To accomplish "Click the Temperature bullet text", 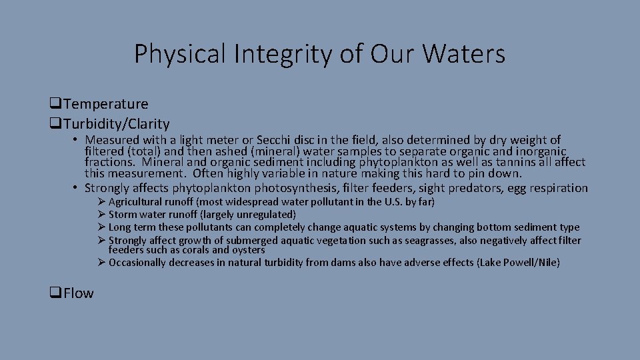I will (x=107, y=104).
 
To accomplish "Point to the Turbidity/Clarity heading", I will (x=117, y=124).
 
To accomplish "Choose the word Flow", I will (x=79, y=293).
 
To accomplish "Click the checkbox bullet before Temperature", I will (x=55, y=105).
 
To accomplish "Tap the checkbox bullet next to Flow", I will (x=55, y=294).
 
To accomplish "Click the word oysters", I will (x=248, y=250).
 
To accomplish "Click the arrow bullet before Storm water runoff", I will (x=101, y=215).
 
